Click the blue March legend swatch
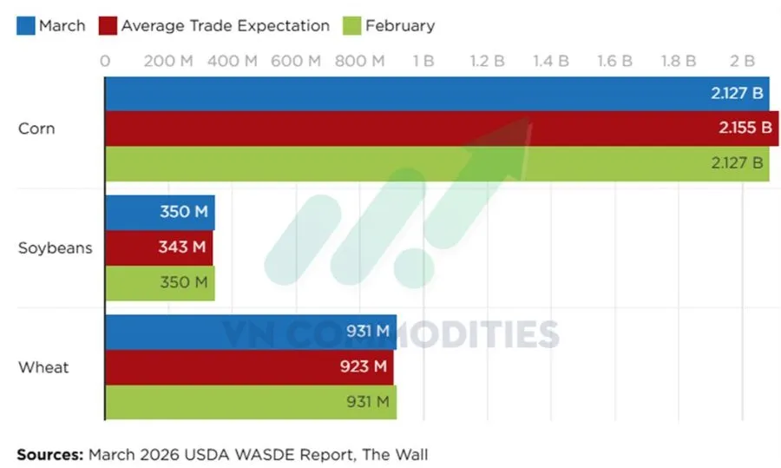24,26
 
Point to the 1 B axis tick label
423,61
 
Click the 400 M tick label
232,61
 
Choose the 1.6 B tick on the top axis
614,61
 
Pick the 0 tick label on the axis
105,61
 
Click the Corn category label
36,129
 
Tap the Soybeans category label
55,248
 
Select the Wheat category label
43,367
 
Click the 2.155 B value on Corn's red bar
745,129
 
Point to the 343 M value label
182,247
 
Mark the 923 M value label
364,366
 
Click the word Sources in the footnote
48,453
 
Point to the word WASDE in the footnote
257,453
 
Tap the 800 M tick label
359,61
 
